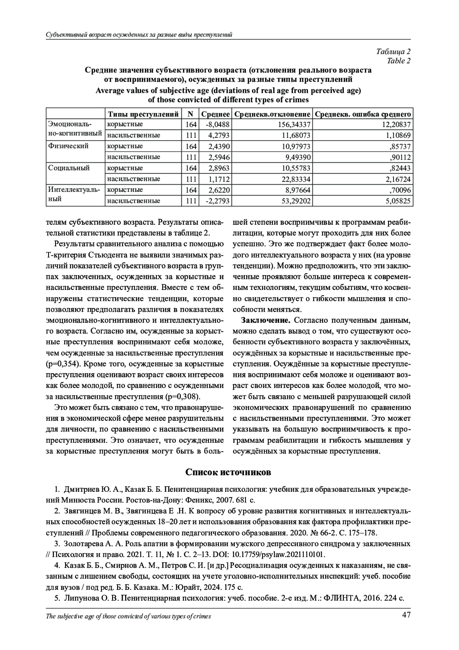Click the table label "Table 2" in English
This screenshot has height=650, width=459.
(x=399, y=61)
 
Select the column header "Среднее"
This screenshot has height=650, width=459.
(x=215, y=114)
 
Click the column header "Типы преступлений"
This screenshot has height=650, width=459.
(x=143, y=114)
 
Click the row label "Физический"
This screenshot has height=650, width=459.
(x=68, y=146)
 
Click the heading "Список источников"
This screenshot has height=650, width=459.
(x=228, y=472)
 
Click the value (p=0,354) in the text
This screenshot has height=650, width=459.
(x=62, y=364)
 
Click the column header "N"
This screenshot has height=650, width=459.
(x=190, y=114)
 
